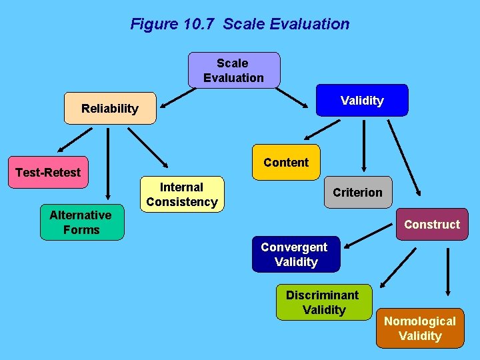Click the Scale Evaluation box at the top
pyautogui.click(x=233, y=70)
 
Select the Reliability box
pyautogui.click(x=110, y=108)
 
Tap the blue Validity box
pyautogui.click(x=362, y=100)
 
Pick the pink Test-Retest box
pyautogui.click(x=48, y=172)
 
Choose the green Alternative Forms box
pyautogui.click(x=81, y=222)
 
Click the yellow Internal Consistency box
pyautogui.click(x=182, y=194)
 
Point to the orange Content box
pyautogui.click(x=286, y=162)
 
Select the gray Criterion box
pyautogui.click(x=357, y=193)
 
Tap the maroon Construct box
pyautogui.click(x=431, y=224)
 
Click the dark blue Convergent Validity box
pyautogui.click(x=295, y=254)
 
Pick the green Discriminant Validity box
pyautogui.click(x=323, y=302)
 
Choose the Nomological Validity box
pyautogui.click(x=419, y=328)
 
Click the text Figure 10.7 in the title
pyautogui.click(x=175, y=24)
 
